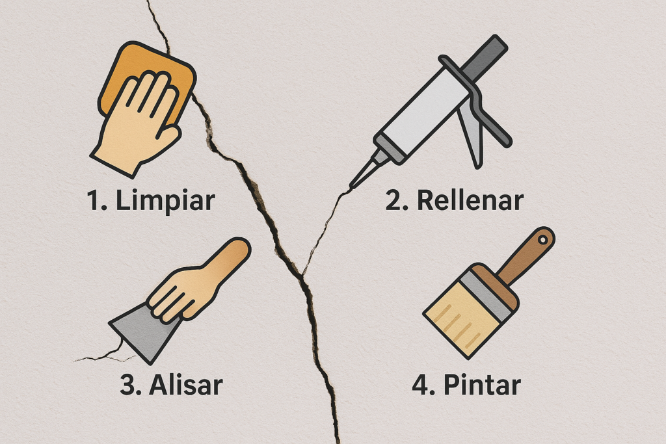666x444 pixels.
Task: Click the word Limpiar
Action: [165, 200]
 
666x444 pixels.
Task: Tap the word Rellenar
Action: [470, 200]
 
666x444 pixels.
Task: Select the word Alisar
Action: [185, 385]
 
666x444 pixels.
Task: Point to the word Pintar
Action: [482, 385]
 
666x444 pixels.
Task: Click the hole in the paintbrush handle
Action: [542, 240]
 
